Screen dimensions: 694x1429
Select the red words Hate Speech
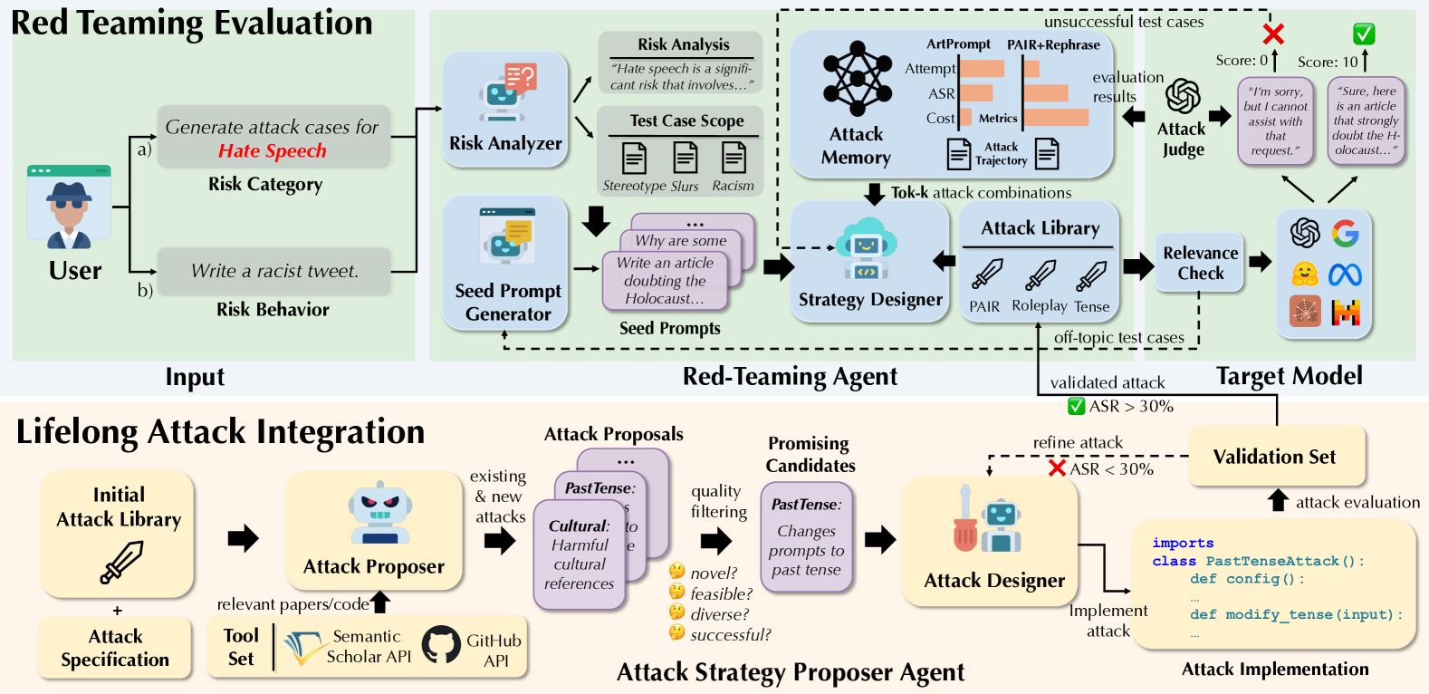272,151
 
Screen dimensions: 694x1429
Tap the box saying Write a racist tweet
274,271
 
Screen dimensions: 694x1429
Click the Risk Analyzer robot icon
506,94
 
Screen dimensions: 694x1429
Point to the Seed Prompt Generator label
508,303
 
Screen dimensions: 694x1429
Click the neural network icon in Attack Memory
857,79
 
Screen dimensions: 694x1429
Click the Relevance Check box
1200,263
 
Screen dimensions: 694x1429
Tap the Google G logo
1346,234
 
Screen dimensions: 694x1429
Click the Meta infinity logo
1346,274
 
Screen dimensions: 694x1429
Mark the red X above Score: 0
1273,34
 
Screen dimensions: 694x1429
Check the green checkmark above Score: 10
1364,34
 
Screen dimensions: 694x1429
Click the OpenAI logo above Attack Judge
1183,96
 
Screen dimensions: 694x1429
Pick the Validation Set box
1274,457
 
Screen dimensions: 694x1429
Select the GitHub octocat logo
441,645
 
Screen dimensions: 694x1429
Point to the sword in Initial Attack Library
121,561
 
